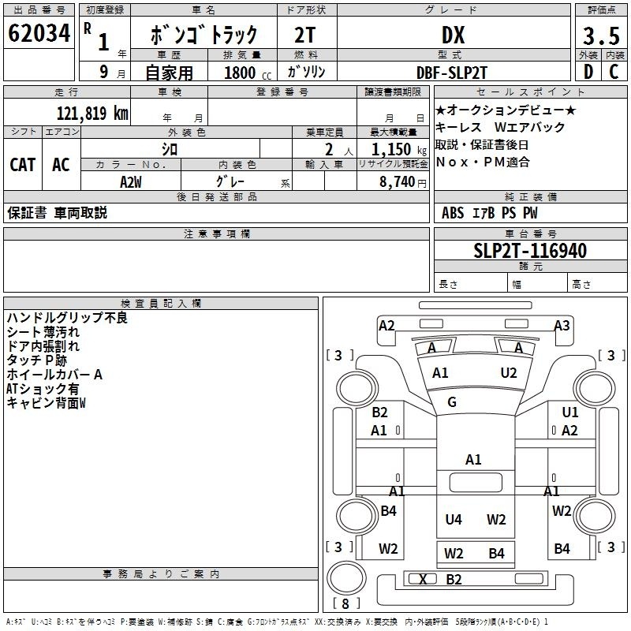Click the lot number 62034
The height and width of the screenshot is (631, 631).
[x=39, y=34]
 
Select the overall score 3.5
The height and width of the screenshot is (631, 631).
[x=600, y=35]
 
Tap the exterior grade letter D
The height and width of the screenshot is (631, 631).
[x=588, y=71]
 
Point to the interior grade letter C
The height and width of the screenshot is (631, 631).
[x=614, y=71]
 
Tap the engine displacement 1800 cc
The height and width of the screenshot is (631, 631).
[x=241, y=72]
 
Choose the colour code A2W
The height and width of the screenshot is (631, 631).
[x=131, y=181]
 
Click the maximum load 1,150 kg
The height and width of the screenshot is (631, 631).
[x=393, y=148]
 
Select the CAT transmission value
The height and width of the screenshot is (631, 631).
[x=22, y=164]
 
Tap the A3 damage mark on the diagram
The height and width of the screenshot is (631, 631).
[x=562, y=325]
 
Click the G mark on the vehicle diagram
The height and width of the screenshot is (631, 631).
[x=452, y=402]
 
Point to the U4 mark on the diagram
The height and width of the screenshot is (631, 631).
[x=453, y=519]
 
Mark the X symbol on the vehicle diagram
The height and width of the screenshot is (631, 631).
[x=424, y=580]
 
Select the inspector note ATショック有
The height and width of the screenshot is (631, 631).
[x=42, y=389]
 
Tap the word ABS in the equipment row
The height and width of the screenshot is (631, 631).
[x=453, y=212]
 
